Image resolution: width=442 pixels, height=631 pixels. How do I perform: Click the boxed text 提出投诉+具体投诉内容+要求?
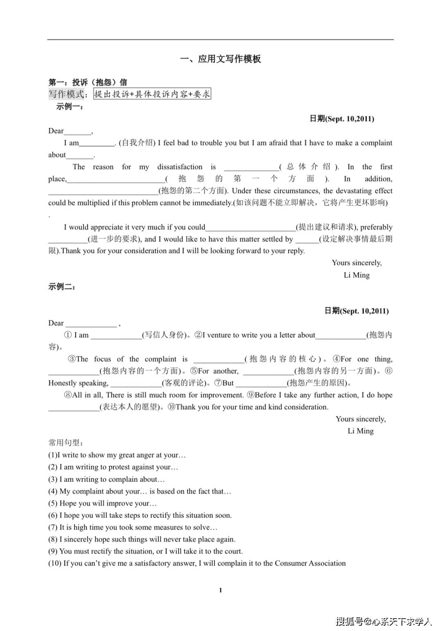tap(152, 94)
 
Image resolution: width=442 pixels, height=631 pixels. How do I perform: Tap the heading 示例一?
tap(69, 107)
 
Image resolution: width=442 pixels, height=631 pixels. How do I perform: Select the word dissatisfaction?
tap(180, 167)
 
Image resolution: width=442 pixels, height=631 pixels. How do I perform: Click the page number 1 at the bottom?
tap(221, 590)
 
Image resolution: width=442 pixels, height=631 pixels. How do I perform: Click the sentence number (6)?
tap(53, 515)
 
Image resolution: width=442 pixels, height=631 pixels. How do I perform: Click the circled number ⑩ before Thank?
tap(171, 407)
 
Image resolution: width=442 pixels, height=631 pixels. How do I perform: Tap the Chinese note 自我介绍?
tap(137, 143)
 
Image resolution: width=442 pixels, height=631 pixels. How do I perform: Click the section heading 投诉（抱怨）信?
tap(99, 82)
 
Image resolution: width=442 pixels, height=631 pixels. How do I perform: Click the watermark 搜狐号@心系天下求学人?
tap(383, 621)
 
